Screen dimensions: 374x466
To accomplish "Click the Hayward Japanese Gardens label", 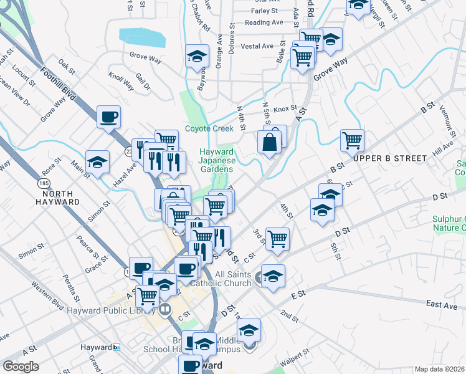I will point(216,160).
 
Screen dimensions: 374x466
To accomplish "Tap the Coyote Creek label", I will point(209,129).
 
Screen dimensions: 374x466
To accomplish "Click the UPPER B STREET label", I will point(390,158).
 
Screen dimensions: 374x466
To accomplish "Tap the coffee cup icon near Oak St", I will point(109,117).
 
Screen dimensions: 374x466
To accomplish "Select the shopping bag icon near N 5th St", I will point(270,141).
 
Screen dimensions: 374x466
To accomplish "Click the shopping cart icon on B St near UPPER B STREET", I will point(352,140).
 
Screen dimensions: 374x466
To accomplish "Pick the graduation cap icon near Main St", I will point(98,162).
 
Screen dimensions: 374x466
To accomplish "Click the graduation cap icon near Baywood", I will point(197,57).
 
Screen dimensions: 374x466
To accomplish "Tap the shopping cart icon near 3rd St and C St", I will point(277,238).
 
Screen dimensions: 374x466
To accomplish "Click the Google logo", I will point(21,367).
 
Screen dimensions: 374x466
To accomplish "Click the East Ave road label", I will point(442,305).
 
